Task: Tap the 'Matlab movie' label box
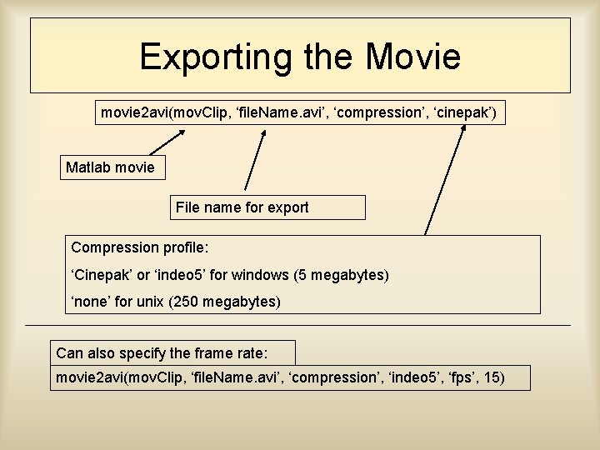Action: (110, 167)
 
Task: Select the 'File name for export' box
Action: (242, 207)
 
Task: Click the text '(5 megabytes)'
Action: (342, 274)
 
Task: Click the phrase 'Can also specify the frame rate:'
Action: (173, 352)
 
